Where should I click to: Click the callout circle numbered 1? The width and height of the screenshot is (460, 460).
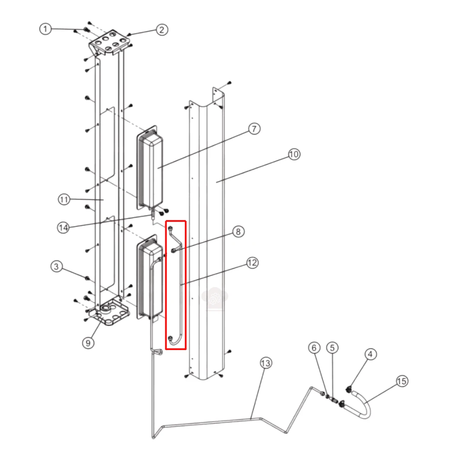[45, 29]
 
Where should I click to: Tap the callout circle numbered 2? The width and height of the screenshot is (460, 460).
[162, 30]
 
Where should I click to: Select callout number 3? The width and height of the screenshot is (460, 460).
[56, 267]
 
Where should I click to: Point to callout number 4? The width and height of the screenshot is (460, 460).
[370, 354]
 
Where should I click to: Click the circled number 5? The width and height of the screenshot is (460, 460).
[332, 348]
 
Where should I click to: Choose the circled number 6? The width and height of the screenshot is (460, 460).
[314, 348]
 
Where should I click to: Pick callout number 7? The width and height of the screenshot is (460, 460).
[254, 129]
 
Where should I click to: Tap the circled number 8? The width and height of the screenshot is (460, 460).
[238, 232]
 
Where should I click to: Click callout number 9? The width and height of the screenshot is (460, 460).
[88, 342]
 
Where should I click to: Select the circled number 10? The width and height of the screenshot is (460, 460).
[294, 154]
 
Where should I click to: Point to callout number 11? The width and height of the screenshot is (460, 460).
[64, 200]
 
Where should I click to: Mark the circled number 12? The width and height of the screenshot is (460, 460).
[252, 263]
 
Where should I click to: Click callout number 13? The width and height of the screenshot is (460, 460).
[266, 363]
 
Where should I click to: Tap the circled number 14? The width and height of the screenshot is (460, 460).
[63, 227]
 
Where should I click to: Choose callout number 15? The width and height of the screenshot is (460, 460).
[402, 381]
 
